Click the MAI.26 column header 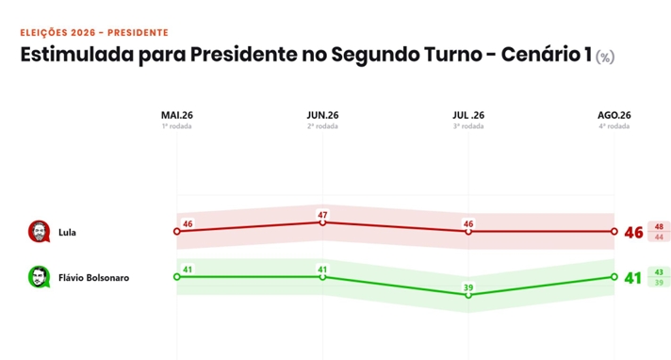tap(177, 115)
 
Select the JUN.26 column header tap(322, 115)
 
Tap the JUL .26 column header tap(468, 115)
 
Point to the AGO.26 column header tap(614, 115)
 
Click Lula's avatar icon tap(39, 232)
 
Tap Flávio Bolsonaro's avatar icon tap(39, 277)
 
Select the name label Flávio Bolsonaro tap(93, 278)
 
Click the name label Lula tap(67, 233)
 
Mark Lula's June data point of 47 tap(322, 222)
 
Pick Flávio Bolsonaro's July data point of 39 tap(468, 295)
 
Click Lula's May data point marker tap(177, 231)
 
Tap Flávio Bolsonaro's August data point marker tap(614, 277)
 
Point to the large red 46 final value tap(633, 233)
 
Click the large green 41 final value tap(633, 278)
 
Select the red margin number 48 tap(659, 227)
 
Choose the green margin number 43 tap(659, 272)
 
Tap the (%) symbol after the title tap(605, 57)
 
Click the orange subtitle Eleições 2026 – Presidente tap(94, 33)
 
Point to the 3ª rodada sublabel tap(468, 126)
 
